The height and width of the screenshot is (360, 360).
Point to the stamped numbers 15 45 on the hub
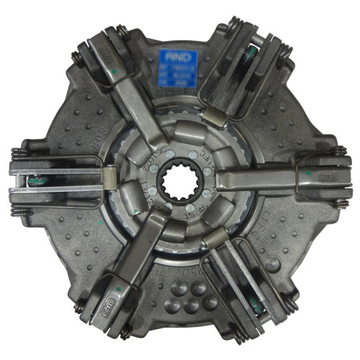[196, 214]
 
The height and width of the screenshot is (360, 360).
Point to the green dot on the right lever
[307, 173]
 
